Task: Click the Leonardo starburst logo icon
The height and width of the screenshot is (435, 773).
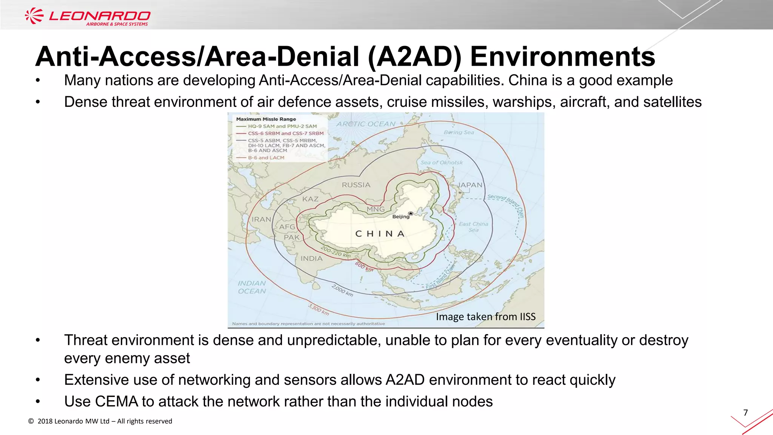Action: (x=34, y=16)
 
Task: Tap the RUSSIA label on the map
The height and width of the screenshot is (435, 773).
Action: (x=356, y=185)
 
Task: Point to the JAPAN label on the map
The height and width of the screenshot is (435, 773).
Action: (x=470, y=185)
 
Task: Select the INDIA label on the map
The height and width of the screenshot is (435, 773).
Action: (x=311, y=259)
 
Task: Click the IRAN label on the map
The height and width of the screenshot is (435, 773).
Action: (x=261, y=219)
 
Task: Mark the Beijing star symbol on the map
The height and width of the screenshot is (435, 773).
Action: (x=411, y=213)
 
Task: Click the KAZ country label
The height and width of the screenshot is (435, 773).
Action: (x=310, y=199)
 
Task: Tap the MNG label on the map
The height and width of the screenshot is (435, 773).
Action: (x=376, y=209)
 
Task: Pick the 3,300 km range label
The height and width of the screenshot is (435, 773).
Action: (x=319, y=310)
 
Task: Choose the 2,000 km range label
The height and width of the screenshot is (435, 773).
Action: (x=342, y=290)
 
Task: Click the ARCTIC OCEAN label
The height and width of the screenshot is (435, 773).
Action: (x=366, y=124)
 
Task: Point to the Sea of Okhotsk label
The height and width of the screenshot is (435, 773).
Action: (x=442, y=163)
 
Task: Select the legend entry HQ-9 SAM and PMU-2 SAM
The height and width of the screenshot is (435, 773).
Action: (x=282, y=126)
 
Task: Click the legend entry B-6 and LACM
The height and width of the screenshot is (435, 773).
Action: (x=266, y=157)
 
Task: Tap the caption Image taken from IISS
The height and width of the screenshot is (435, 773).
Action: (x=485, y=316)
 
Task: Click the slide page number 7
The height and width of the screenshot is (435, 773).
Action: (x=745, y=413)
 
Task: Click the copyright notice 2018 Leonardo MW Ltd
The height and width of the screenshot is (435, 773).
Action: (x=100, y=421)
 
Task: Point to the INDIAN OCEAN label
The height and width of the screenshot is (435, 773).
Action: (x=252, y=287)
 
